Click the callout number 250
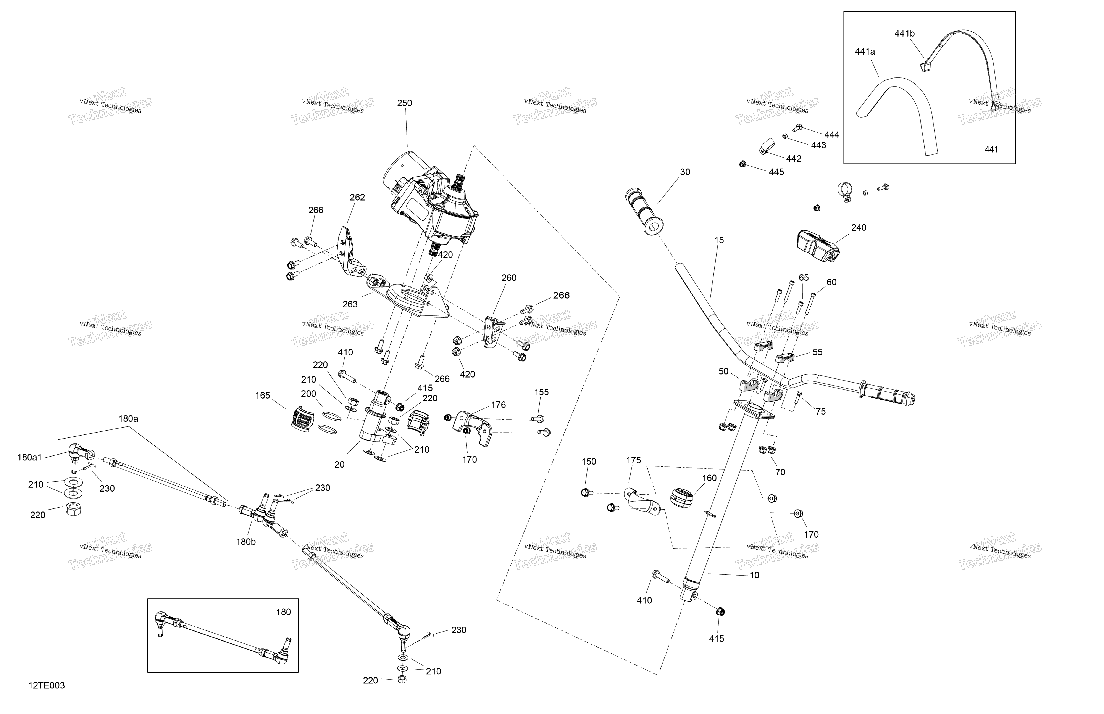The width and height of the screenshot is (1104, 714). pos(405,103)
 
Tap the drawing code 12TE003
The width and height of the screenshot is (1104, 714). pos(46,685)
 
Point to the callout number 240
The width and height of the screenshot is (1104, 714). pos(859,228)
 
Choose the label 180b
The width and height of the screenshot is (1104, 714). pos(246,542)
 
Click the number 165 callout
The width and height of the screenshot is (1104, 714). pos(263,396)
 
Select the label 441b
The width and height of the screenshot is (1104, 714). pos(905,33)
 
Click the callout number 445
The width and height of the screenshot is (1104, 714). pos(776,172)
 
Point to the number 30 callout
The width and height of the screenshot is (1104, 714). pos(685,172)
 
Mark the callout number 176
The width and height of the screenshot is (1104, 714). pos(498,405)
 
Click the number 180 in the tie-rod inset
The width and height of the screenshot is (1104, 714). pos(283,612)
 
